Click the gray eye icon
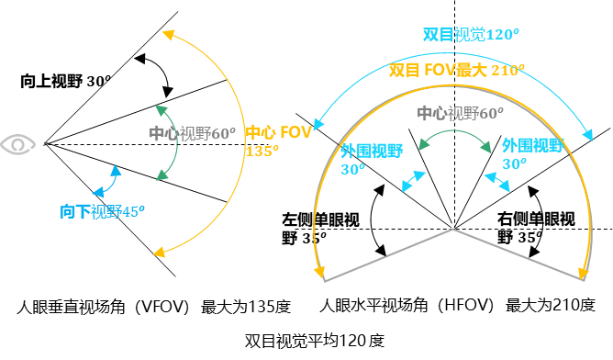[x=18, y=144]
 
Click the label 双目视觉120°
[x=471, y=35]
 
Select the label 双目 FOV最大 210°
[x=456, y=70]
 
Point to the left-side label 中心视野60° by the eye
[x=192, y=133]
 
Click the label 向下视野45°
[x=102, y=212]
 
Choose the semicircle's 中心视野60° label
[x=460, y=113]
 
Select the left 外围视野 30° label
[x=371, y=159]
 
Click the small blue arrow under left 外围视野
[x=414, y=181]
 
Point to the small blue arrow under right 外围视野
[x=497, y=181]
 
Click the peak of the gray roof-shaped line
[x=452, y=229]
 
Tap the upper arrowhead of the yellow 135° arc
[x=168, y=34]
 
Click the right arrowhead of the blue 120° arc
[x=588, y=137]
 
